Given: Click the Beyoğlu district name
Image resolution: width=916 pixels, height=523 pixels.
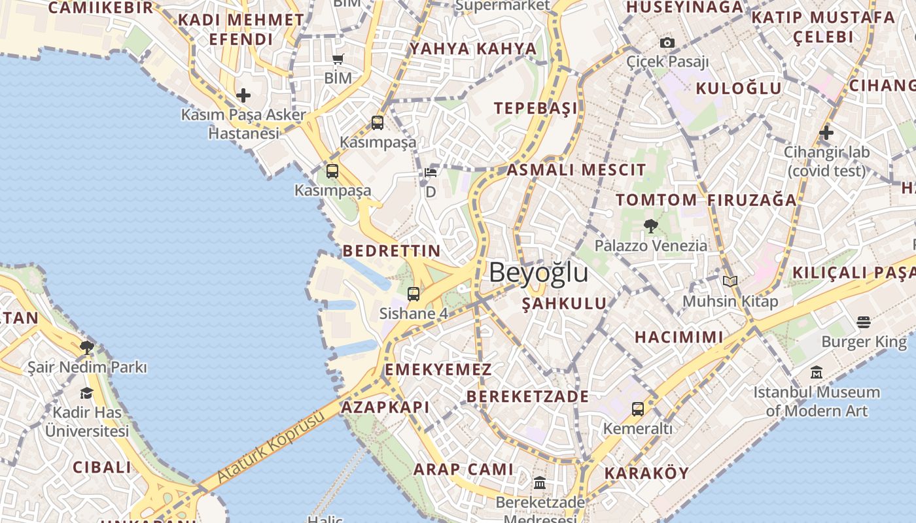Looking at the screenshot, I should pos(538,273).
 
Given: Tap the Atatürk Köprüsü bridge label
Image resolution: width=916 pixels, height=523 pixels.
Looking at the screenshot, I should pos(270,447).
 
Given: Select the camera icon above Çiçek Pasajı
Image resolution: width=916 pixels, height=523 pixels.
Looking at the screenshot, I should pos(667,43).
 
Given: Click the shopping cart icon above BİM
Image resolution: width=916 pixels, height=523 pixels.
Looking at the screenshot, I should pos(338,59).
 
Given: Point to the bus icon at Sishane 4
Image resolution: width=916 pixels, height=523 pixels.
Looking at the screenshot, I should pos(414,294).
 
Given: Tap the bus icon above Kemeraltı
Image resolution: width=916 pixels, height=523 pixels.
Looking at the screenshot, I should pos(638,409).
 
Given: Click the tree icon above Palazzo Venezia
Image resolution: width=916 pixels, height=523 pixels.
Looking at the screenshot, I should pos(650,226).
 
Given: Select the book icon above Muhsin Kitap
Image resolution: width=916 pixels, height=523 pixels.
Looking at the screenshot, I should pos(730,282).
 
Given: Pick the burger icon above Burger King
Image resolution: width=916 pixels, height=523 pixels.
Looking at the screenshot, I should pos(864,322).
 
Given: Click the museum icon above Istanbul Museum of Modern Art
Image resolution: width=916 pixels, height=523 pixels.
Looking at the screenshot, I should pos(817,373).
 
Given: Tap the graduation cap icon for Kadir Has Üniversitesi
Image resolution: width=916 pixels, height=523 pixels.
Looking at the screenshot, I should pos(86,393).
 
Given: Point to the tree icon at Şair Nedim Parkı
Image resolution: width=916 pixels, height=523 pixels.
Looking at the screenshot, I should pos(86,347).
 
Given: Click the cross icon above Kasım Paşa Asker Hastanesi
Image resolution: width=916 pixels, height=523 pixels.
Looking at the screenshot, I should pos(243,95).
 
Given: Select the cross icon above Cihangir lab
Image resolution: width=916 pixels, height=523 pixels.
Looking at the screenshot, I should pos(826,133).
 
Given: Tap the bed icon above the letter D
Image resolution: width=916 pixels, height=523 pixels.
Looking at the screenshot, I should pos(430,173).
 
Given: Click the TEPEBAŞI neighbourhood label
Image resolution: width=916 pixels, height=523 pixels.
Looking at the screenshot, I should pos(536,109).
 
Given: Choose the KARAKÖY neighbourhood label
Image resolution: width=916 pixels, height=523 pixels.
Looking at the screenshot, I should pos(646,473).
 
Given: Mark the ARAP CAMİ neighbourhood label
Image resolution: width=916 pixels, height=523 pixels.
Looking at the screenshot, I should pos(463,469).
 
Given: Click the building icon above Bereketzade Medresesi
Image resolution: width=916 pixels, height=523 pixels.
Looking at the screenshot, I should pos(540,483).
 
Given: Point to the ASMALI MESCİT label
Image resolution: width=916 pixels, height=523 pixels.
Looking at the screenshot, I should pos(576,170).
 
